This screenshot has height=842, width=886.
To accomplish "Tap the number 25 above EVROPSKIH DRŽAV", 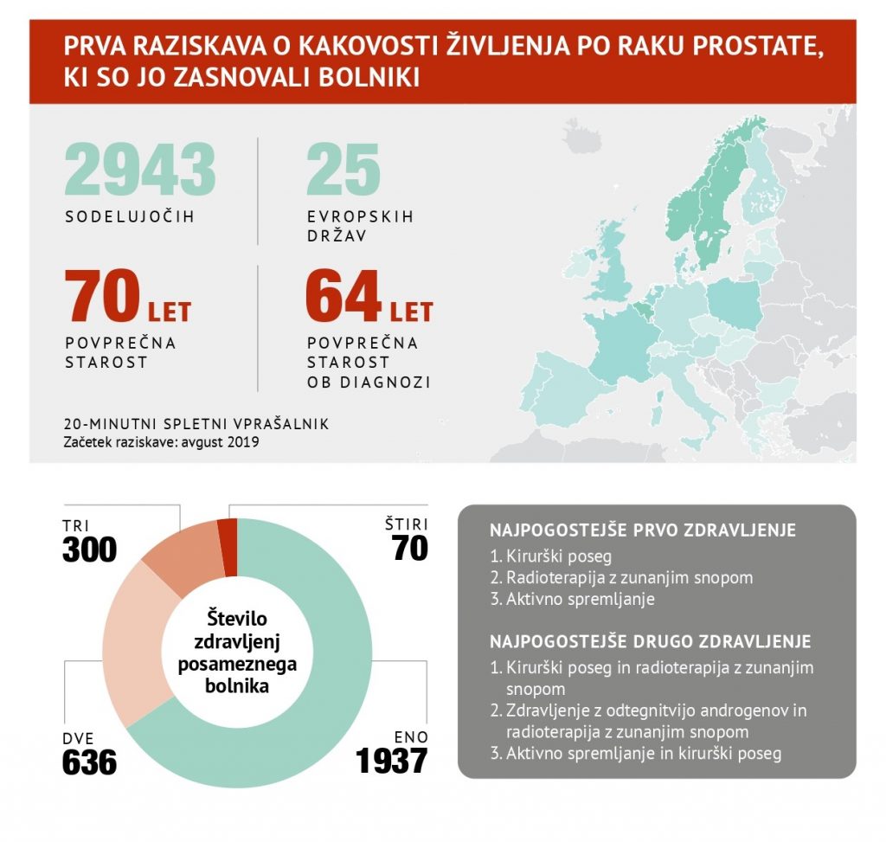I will pyautogui.click(x=343, y=169).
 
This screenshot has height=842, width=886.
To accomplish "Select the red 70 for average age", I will pyautogui.click(x=102, y=296).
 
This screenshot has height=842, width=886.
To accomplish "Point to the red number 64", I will pyautogui.click(x=343, y=296).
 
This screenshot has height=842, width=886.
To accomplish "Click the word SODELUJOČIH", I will pyautogui.click(x=130, y=216).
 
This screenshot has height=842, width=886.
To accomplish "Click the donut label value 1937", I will pyautogui.click(x=392, y=761).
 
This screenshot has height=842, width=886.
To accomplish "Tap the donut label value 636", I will pyautogui.click(x=89, y=762).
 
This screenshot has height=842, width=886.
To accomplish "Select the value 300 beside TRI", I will pyautogui.click(x=89, y=549).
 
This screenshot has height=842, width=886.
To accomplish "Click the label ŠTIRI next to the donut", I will pyautogui.click(x=406, y=524).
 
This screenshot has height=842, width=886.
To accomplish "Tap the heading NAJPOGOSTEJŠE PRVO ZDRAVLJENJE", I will pyautogui.click(x=643, y=530).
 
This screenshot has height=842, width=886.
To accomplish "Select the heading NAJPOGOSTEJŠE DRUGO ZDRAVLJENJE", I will pyautogui.click(x=650, y=642).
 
